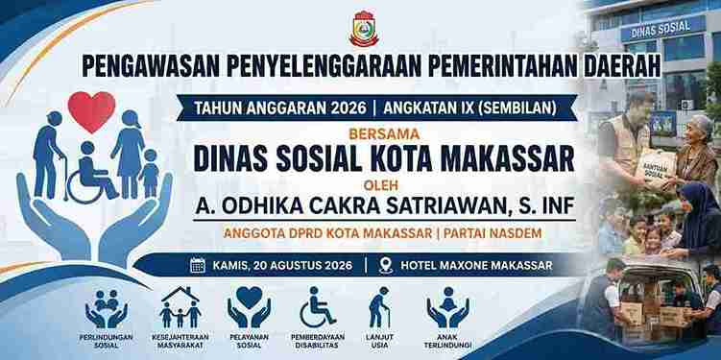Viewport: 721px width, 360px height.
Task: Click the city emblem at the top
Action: pyautogui.click(x=364, y=29)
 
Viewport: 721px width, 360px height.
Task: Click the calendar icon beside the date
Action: pyautogui.click(x=198, y=265)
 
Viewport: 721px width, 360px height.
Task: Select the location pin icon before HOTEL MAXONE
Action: pyautogui.click(x=386, y=266)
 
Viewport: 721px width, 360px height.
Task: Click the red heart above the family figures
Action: pyautogui.click(x=91, y=111)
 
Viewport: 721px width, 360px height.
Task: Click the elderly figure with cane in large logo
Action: pyautogui.click(x=48, y=156)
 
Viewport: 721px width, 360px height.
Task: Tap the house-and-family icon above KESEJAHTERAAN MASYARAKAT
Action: pyautogui.click(x=180, y=307)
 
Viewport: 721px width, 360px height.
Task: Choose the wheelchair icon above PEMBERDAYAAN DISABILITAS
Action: pyautogui.click(x=317, y=306)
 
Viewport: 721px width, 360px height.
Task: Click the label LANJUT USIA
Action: pyautogui.click(x=380, y=341)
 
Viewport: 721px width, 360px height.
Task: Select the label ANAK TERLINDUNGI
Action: pyautogui.click(x=448, y=341)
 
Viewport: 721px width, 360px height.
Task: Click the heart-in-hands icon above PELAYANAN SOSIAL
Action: pyautogui.click(x=249, y=306)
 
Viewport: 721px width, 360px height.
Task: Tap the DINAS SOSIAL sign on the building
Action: pyautogui.click(x=661, y=29)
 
